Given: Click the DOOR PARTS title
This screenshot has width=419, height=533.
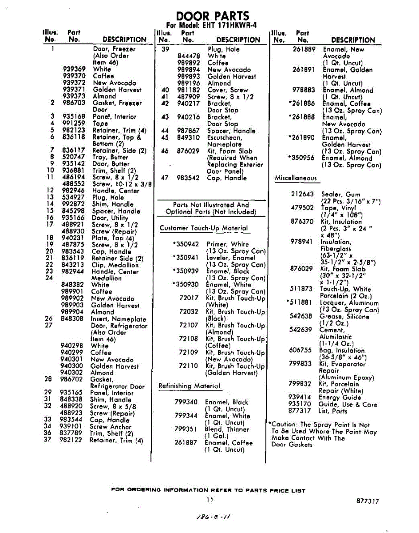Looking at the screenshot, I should (213, 16).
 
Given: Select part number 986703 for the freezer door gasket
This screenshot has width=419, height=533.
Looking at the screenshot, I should (74, 103).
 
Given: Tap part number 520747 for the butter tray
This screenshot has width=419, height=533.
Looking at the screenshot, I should (74, 157).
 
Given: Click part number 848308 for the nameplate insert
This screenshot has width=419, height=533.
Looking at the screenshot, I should (72, 319).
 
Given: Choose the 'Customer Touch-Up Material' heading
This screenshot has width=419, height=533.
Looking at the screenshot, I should (204, 228).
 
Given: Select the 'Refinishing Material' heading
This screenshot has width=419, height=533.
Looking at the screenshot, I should (190, 386).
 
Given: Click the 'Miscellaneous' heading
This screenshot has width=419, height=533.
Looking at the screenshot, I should (296, 178).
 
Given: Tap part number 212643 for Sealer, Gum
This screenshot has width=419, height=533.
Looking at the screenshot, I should (302, 194).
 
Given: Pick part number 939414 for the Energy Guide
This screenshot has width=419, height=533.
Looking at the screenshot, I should (300, 398).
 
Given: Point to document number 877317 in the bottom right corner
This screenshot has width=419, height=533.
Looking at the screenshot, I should (368, 501).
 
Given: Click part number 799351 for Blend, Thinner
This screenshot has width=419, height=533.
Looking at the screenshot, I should (186, 430).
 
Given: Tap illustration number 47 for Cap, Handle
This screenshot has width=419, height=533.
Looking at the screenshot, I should (165, 178).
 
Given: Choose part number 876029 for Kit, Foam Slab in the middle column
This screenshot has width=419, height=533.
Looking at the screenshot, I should (188, 151).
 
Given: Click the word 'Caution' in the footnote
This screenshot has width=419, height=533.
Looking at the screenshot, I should (283, 425).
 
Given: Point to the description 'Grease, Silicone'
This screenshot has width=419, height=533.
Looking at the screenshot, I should (344, 317).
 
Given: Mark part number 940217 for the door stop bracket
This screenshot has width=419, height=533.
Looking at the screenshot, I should (188, 103).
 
